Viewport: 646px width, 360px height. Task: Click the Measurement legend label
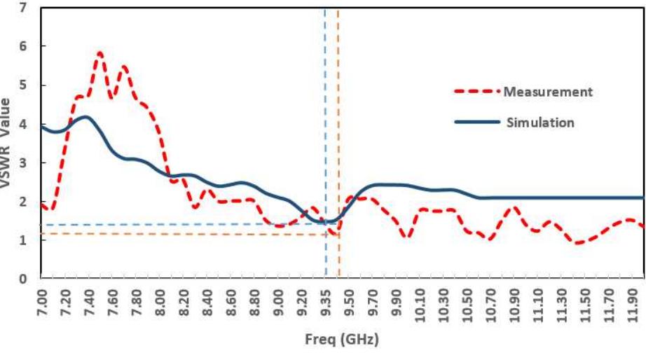pos(548,92)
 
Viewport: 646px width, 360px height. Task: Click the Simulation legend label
pos(540,123)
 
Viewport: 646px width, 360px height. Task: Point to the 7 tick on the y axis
pos(24,8)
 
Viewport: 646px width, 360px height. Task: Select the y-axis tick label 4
pos(24,124)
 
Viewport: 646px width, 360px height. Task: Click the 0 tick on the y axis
pos(24,279)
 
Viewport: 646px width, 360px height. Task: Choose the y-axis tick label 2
pos(24,202)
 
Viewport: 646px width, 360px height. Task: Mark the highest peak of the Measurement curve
pos(100,53)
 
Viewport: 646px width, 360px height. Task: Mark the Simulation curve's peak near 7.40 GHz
pos(85,117)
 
